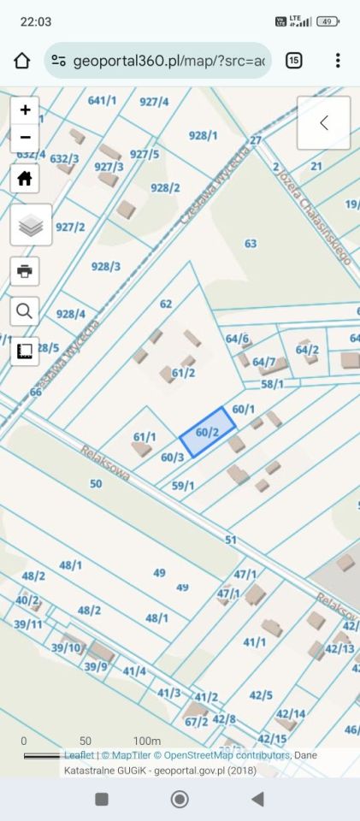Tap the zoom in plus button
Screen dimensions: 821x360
point(25,109)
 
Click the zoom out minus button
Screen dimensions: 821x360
point(25,137)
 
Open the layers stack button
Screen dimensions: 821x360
point(31,225)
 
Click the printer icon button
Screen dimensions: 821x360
point(25,271)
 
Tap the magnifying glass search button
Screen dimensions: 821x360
point(25,311)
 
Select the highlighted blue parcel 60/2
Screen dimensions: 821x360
point(208,432)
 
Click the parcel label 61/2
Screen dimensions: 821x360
point(183,372)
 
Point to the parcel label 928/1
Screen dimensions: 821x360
point(204,135)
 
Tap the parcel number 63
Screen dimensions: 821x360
point(250,244)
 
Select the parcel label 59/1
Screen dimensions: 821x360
point(183,486)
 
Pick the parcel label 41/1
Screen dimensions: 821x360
point(255,641)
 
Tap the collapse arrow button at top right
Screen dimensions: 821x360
point(323,123)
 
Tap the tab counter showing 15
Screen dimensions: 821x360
point(293,61)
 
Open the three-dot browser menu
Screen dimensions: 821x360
point(338,61)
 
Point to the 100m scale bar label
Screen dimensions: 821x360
point(147,741)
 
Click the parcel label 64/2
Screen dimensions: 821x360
point(307,350)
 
